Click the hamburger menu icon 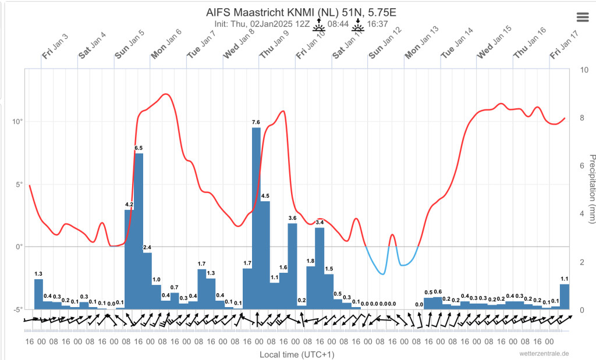(x=583, y=17)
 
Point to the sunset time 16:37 (x=377, y=24)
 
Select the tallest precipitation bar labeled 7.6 (x=256, y=218)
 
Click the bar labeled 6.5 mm (x=139, y=231)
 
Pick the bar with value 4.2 (x=129, y=259)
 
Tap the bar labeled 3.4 (x=320, y=269)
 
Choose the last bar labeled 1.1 (x=565, y=297)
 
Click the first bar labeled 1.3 (x=39, y=294)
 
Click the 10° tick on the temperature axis (x=18, y=122)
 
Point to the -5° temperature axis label (x=18, y=309)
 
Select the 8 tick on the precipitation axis (x=581, y=118)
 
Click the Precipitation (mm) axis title (x=591, y=189)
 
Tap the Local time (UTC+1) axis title (x=297, y=355)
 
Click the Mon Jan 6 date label (x=166, y=44)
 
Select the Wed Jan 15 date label (x=494, y=42)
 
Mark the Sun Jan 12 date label (x=385, y=43)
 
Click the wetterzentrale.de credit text (x=544, y=354)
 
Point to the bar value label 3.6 (x=292, y=218)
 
